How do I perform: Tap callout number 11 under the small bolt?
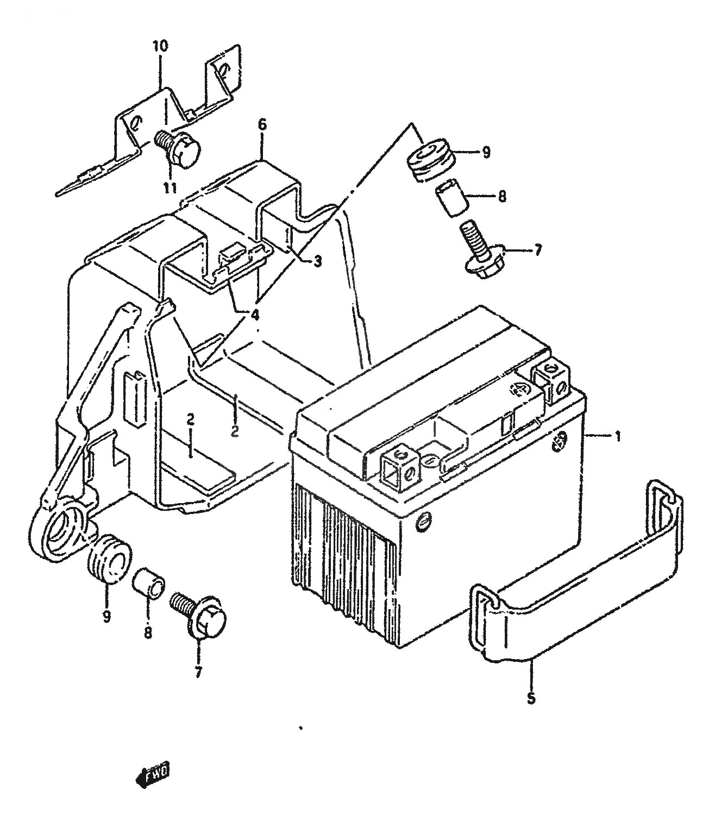(x=170, y=187)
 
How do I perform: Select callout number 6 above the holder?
(x=262, y=124)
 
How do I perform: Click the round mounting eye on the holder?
(x=60, y=531)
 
